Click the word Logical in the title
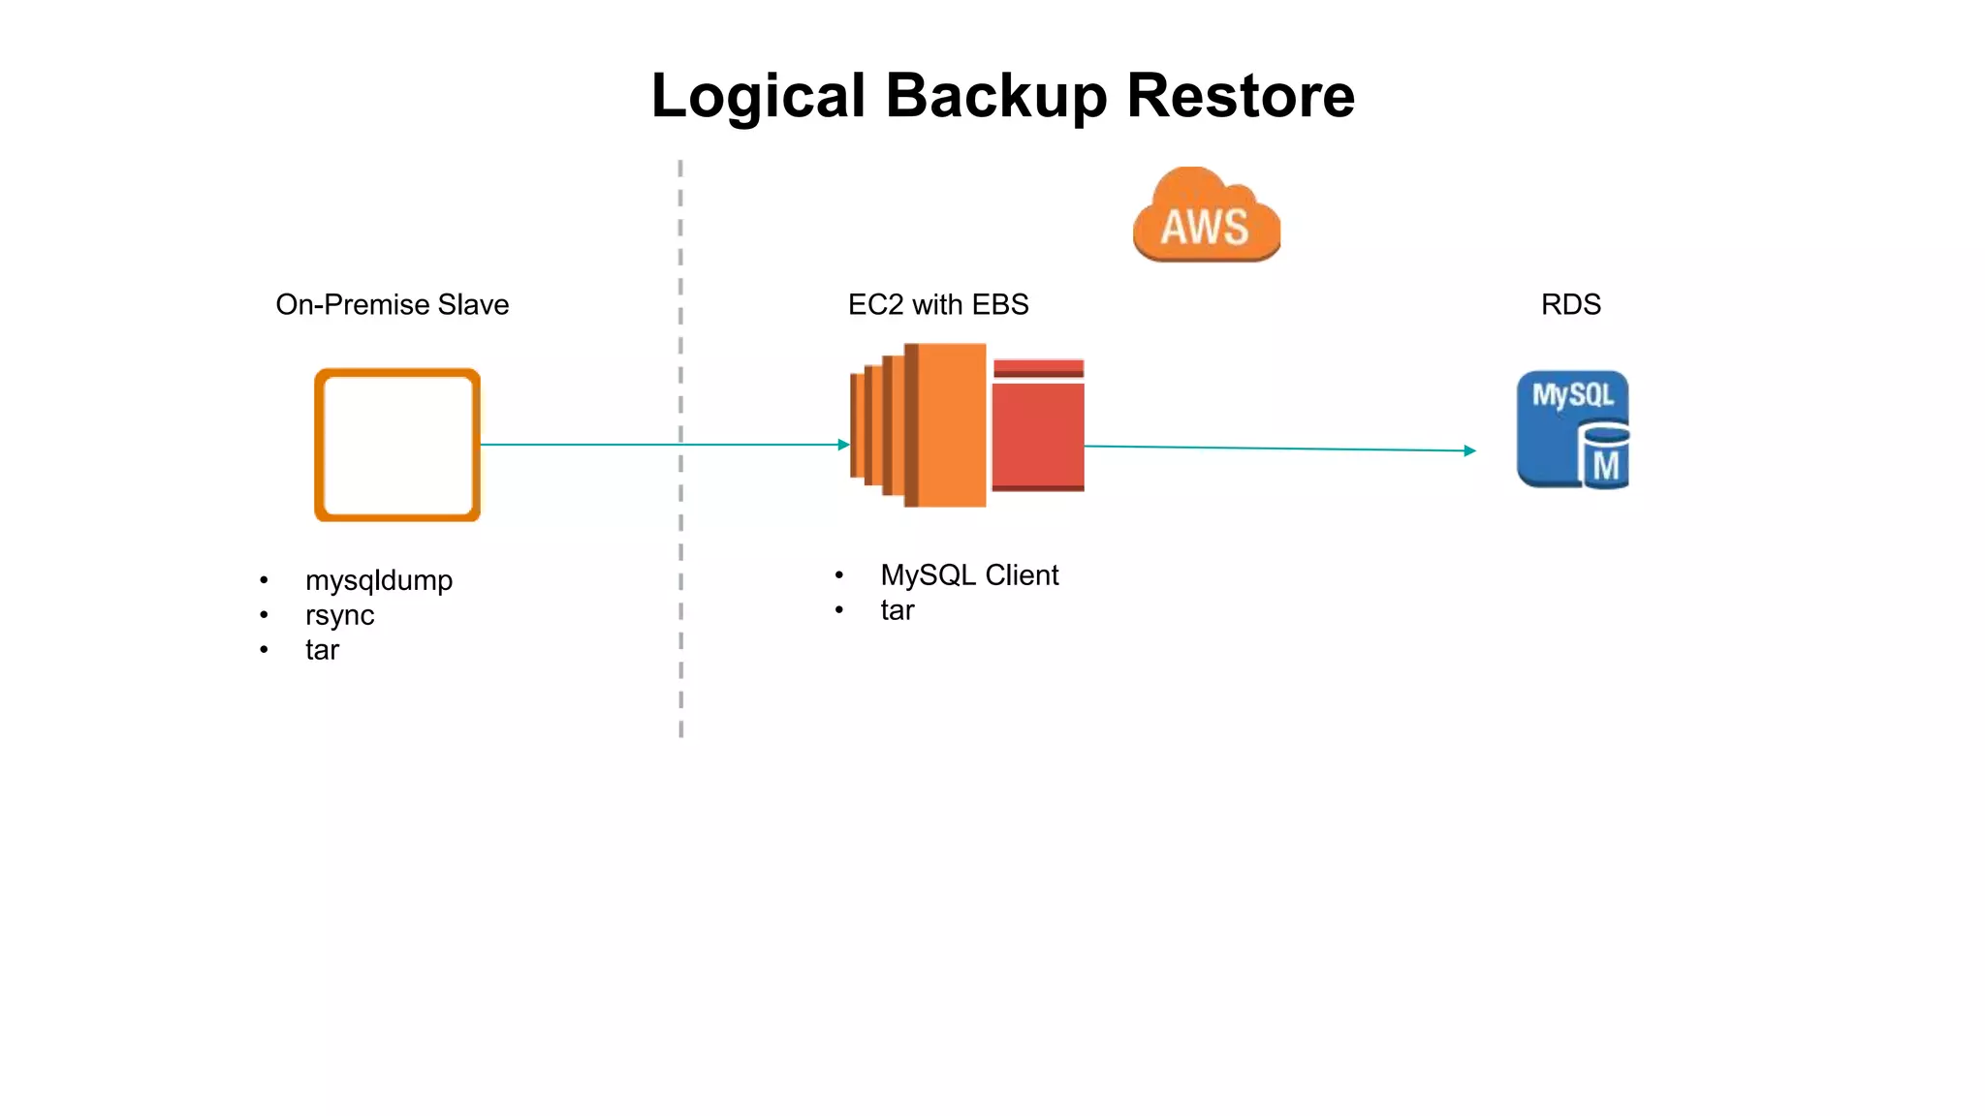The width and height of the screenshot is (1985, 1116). click(757, 97)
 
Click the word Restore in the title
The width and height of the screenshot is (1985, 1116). click(1240, 97)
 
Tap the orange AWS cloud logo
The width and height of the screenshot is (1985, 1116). click(1206, 218)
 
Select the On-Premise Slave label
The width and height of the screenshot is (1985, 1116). click(392, 304)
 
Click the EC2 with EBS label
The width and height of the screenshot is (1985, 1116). click(937, 304)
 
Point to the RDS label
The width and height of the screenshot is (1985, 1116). click(1570, 304)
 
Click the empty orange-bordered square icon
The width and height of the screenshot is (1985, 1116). click(397, 445)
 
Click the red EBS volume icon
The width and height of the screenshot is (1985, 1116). click(1038, 431)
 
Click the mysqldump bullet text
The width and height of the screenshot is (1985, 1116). click(378, 580)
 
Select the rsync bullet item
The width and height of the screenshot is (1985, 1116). click(339, 615)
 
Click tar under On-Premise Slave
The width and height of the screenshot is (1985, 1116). click(322, 650)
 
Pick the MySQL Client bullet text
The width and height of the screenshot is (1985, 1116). click(968, 575)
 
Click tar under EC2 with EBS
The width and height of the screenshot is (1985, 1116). click(897, 610)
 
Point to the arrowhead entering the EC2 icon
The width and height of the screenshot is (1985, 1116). click(844, 445)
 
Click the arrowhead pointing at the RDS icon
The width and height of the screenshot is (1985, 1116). click(1469, 450)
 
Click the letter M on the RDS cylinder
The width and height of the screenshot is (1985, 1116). click(1606, 466)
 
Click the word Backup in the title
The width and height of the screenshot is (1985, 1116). click(995, 97)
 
